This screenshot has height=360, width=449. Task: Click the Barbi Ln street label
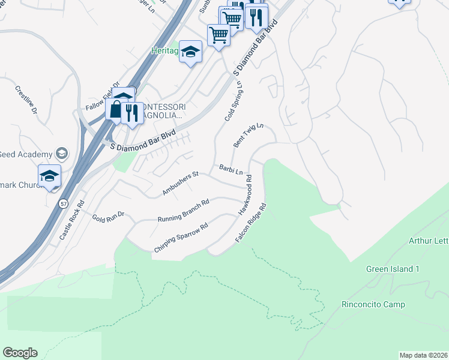231,170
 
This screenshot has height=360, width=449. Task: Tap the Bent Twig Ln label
248,136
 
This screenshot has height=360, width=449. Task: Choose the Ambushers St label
180,184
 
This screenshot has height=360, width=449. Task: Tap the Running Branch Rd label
182,211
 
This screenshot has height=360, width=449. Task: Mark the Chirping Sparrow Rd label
180,237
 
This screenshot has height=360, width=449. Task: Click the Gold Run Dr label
108,215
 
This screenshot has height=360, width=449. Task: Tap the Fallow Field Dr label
103,96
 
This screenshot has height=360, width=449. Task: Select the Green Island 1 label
393,269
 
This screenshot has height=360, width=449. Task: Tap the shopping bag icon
115,110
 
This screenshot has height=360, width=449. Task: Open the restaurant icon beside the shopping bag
131,112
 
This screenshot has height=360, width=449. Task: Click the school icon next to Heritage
191,52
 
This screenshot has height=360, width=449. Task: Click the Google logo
20,352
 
